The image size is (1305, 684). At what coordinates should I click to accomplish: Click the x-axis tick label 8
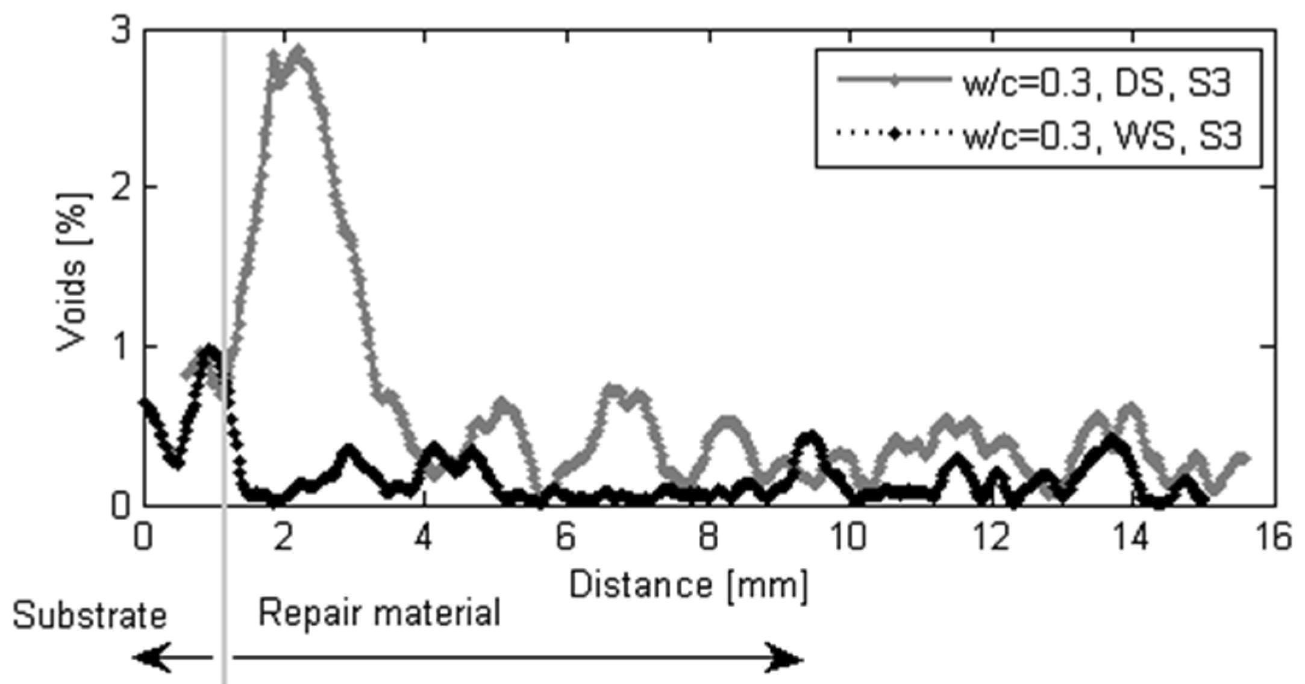click(x=709, y=536)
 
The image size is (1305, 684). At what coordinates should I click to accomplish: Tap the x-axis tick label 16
click(x=1273, y=536)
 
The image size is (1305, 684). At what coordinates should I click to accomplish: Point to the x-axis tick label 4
click(x=424, y=536)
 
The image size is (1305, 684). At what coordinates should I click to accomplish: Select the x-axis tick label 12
click(x=991, y=536)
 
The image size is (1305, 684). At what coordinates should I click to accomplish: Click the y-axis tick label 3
click(x=120, y=30)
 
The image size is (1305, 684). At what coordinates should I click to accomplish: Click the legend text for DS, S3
click(x=1097, y=84)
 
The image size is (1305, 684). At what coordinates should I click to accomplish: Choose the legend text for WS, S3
click(x=1103, y=136)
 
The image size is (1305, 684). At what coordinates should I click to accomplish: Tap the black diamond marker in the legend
click(x=895, y=133)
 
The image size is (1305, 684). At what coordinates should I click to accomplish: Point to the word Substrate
click(x=90, y=616)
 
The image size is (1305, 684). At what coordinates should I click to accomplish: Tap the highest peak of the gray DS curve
click(x=297, y=51)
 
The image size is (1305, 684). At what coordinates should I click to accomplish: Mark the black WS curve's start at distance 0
click(x=144, y=402)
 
